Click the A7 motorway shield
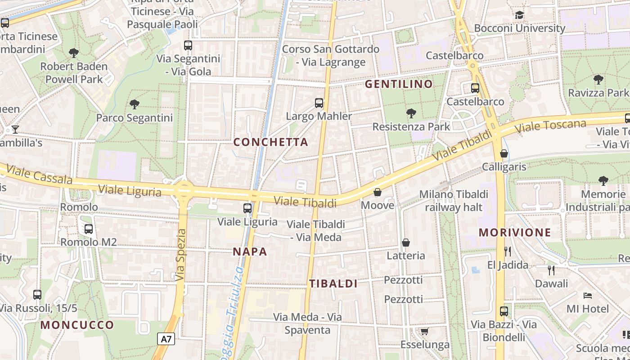click(166, 339)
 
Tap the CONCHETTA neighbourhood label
click(271, 142)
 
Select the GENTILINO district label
click(399, 84)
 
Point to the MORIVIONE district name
click(515, 233)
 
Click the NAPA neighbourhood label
click(250, 252)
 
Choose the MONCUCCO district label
click(77, 325)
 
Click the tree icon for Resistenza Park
click(411, 113)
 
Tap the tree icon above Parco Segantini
click(134, 104)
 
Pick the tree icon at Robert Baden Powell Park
click(74, 53)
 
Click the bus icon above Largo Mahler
click(319, 103)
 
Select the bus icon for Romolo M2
click(89, 229)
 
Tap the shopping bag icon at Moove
click(378, 192)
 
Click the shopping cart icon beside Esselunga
click(424, 332)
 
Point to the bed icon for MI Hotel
click(587, 296)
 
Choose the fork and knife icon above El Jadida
click(508, 251)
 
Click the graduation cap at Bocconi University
click(519, 15)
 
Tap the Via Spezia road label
click(181, 255)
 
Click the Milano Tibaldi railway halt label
click(454, 201)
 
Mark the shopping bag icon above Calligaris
click(504, 153)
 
